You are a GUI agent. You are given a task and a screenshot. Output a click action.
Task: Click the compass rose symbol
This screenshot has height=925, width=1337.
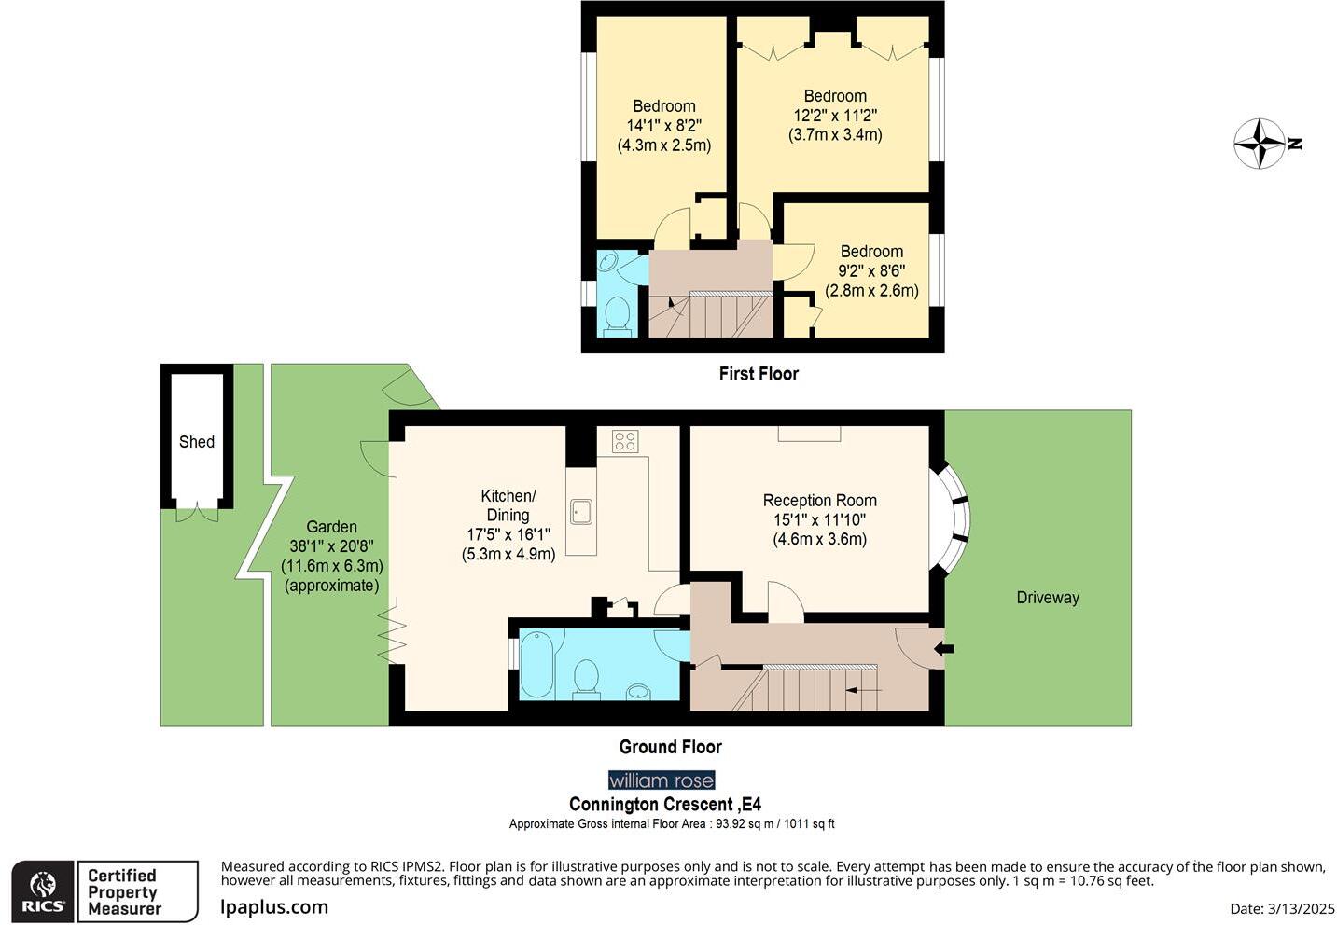coord(1260,144)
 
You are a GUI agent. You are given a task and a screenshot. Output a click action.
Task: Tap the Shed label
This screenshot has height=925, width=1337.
coord(197,442)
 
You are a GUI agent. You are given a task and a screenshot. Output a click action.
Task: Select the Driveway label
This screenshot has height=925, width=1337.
coord(1047,598)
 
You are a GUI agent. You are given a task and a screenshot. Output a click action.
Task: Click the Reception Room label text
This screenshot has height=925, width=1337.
coord(819,501)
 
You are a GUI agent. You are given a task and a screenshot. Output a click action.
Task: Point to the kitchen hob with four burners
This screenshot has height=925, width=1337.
coord(625,441)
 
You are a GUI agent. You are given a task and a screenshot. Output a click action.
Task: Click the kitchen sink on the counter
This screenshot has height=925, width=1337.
coord(581,511)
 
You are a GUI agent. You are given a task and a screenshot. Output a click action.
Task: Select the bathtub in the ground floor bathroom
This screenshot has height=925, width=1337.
coord(536,664)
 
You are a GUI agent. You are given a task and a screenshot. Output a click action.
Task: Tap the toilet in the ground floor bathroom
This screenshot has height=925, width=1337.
coord(587,677)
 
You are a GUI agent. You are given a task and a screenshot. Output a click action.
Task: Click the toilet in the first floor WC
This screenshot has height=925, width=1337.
coord(617,313)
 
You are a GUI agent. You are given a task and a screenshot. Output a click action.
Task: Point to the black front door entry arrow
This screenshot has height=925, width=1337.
coord(944,648)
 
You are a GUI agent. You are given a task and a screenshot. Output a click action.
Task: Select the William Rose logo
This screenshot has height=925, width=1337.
coord(662,780)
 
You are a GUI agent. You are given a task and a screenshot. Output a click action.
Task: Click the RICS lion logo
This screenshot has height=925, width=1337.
coord(43,891)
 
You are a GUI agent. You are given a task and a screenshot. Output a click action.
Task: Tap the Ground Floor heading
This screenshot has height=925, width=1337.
coord(670,747)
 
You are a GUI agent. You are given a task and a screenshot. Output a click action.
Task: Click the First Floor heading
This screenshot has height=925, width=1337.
coord(759,374)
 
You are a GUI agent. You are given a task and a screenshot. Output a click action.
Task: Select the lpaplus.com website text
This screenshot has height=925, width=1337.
coord(274,906)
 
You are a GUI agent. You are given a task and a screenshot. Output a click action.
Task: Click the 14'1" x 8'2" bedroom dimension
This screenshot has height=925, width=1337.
coord(663,126)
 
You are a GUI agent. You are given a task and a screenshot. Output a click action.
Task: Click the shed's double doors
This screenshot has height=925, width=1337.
coord(197,512)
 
